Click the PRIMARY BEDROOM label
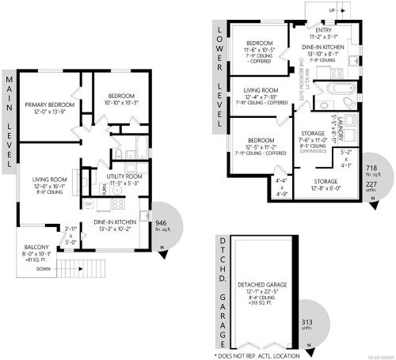tap(49, 104)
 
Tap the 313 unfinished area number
tap(309, 322)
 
